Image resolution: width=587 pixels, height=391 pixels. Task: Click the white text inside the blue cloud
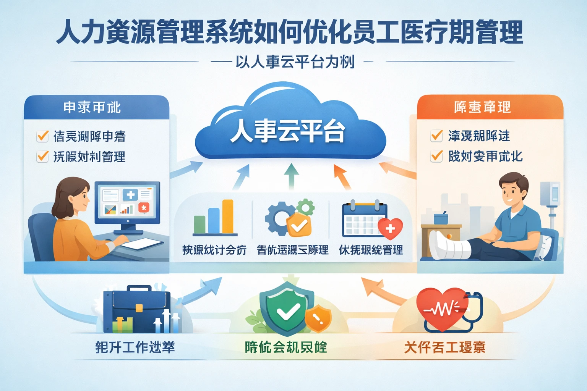coord(287,131)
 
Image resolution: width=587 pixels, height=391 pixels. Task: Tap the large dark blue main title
coord(289,33)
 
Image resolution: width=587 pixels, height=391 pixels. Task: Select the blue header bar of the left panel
coord(96,107)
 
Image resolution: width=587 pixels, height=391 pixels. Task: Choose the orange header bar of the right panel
coord(490,107)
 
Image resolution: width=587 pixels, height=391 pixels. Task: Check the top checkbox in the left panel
coord(42,136)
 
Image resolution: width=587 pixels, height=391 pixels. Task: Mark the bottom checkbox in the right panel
coord(436,156)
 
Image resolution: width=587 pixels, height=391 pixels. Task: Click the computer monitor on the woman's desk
coord(127,202)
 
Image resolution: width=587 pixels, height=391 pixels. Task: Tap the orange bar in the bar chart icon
coord(228,216)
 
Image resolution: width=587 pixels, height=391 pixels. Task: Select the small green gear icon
coord(305,208)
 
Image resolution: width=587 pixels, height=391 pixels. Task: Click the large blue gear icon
coord(279,219)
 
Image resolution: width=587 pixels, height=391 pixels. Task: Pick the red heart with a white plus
coord(390,228)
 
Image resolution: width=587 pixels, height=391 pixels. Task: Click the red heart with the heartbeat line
coord(443,309)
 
